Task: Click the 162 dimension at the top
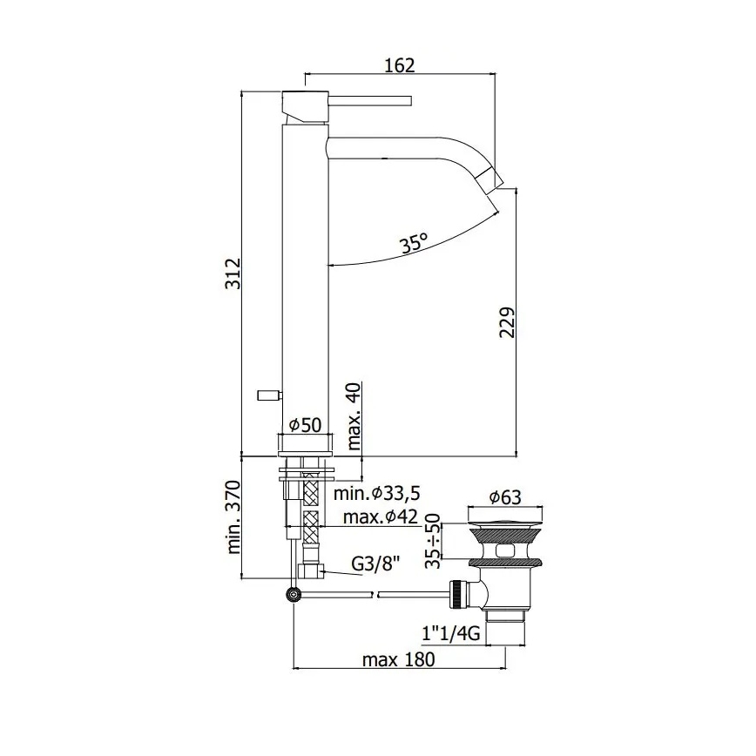click(399, 64)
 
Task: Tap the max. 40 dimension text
click(354, 415)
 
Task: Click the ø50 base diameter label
click(304, 424)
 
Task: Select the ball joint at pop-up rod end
click(294, 595)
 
